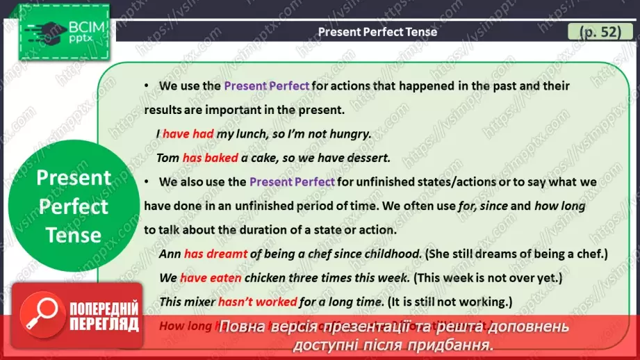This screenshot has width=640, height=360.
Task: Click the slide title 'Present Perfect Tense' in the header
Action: coord(377,32)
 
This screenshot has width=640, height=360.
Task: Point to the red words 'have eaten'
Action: coord(211,277)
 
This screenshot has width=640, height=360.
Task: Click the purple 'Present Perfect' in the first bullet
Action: coord(267,86)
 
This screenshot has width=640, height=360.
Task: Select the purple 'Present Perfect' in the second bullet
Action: coord(292,182)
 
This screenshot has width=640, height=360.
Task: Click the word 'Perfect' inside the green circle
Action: coord(74,206)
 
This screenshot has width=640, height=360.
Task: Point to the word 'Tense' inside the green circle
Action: coord(74,235)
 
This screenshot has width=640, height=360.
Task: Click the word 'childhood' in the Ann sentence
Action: coord(390,254)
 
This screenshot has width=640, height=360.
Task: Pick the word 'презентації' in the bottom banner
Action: coord(352,326)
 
